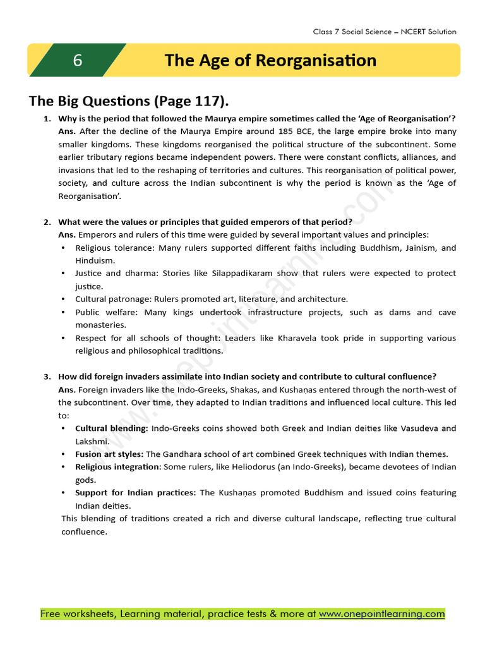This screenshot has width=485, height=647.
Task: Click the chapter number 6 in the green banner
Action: click(78, 60)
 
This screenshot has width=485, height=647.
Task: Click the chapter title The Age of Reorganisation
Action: click(270, 60)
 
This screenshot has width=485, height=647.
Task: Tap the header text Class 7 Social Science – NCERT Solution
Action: click(384, 32)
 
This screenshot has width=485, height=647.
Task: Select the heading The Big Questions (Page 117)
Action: click(129, 101)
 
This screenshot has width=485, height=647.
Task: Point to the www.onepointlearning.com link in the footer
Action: click(381, 614)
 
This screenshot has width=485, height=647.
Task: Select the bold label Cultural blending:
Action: click(112, 428)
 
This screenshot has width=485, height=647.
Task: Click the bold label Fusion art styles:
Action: click(109, 454)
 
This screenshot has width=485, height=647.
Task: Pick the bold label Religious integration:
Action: click(118, 467)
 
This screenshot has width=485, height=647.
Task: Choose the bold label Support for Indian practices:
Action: click(136, 493)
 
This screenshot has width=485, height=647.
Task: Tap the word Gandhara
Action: click(186, 454)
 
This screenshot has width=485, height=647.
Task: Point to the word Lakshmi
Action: click(92, 441)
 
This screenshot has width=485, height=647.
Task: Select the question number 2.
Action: click(47, 222)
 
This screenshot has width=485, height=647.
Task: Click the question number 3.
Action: click(47, 377)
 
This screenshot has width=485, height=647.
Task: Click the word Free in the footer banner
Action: click(51, 614)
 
